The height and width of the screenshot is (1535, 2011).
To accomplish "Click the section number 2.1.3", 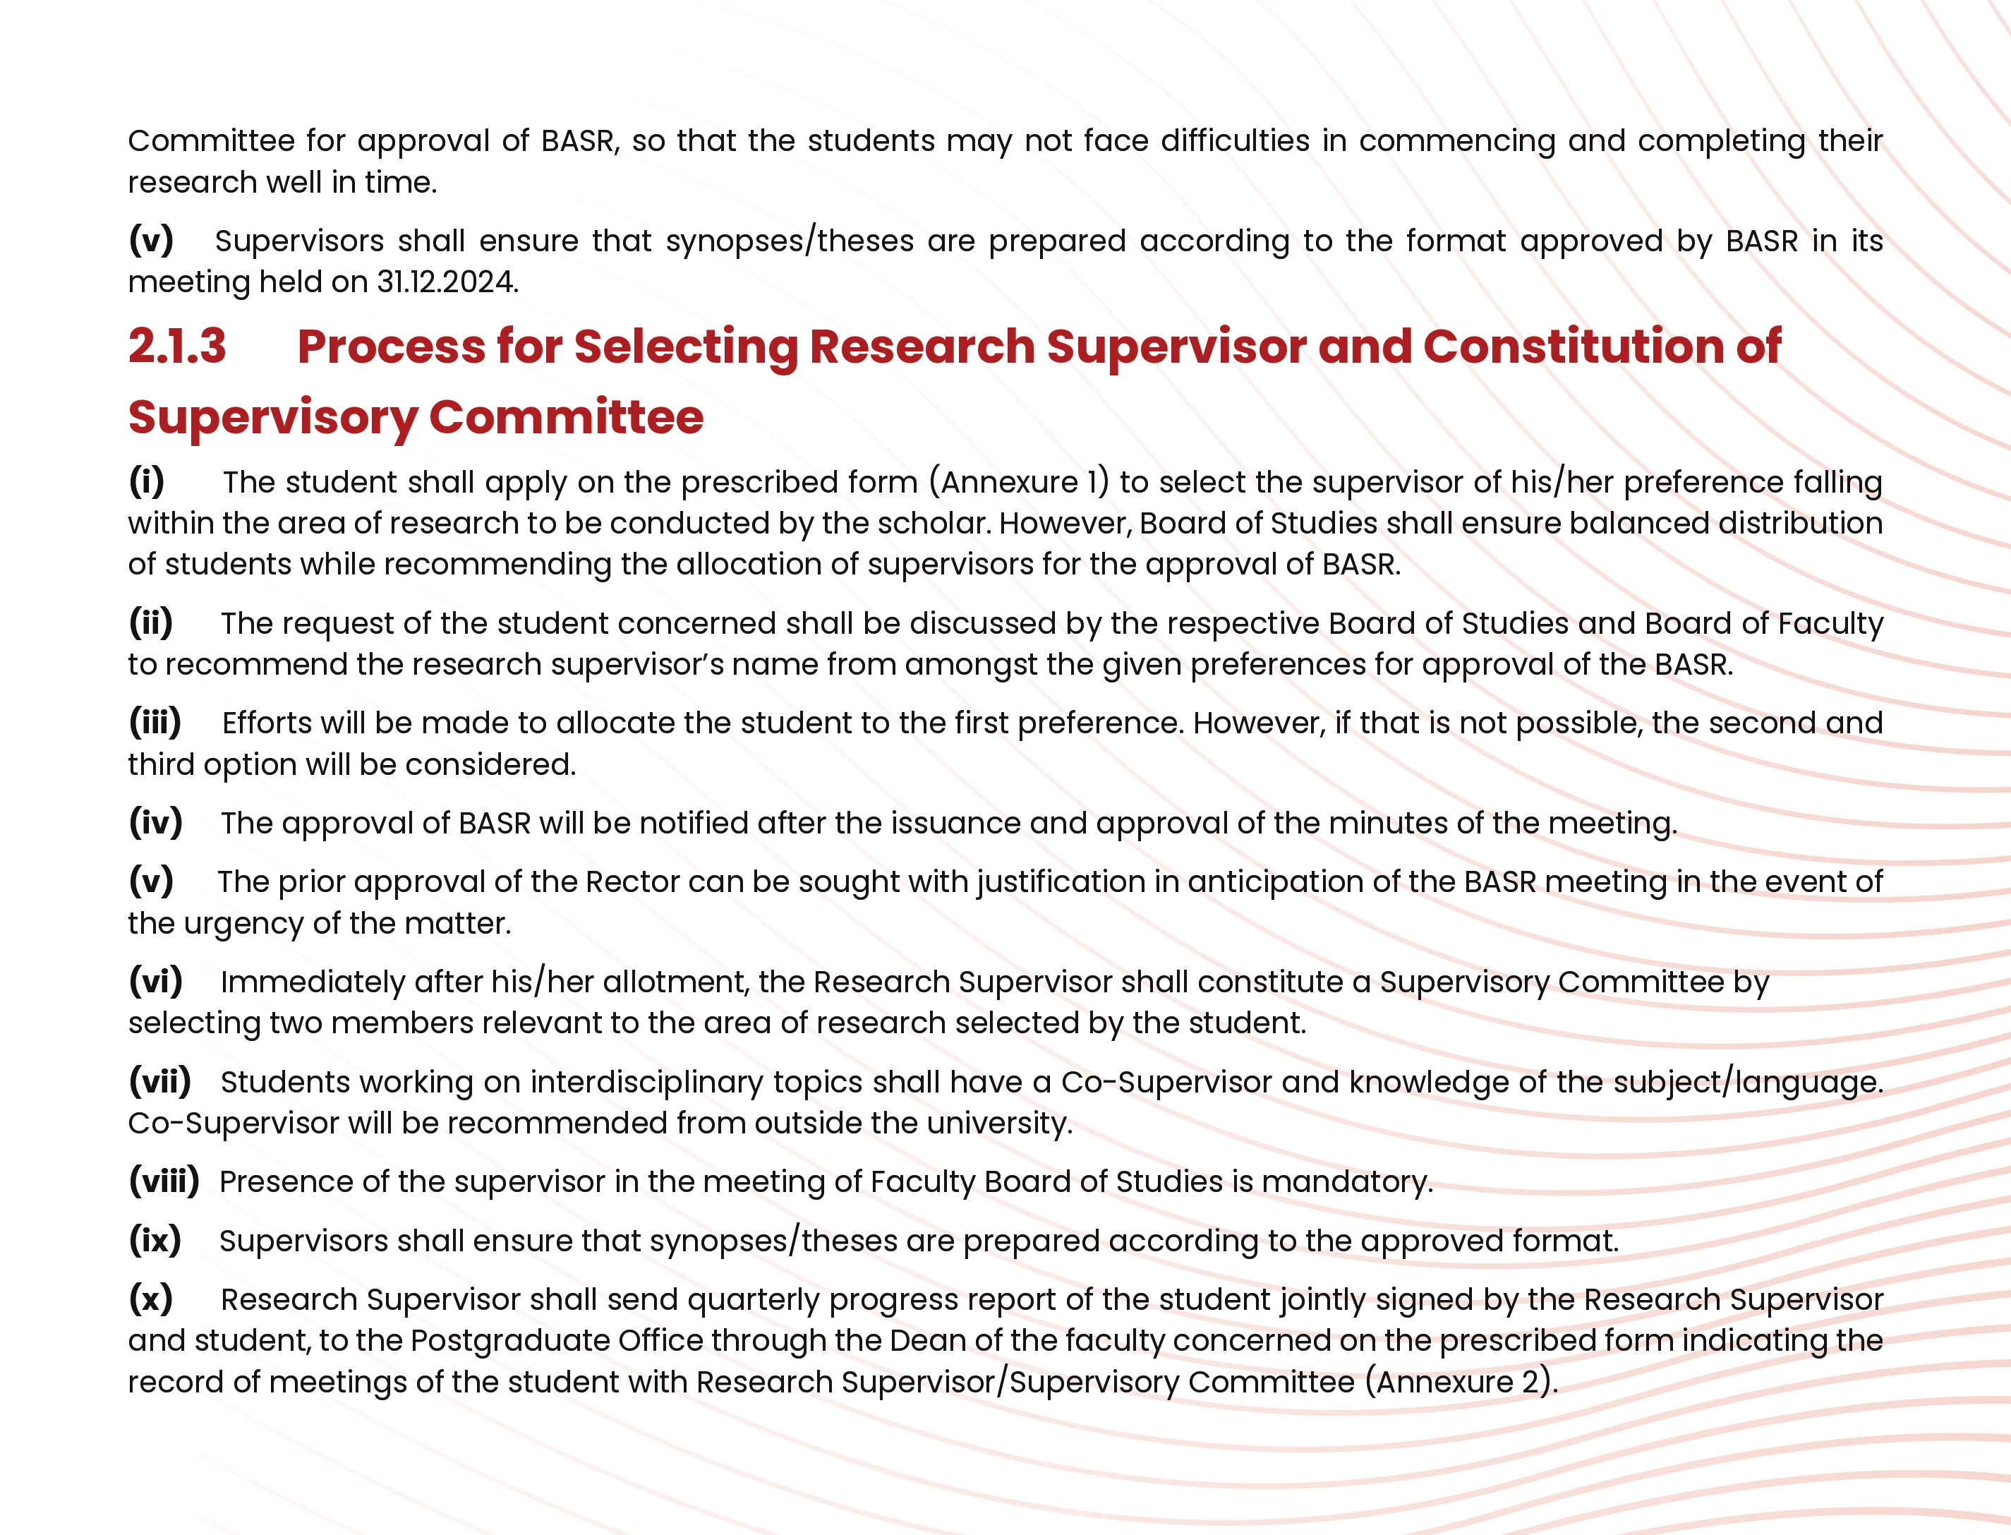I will (176, 347).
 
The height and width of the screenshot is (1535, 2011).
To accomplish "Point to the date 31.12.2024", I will (447, 282).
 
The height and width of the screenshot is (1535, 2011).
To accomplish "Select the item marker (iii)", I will (155, 723).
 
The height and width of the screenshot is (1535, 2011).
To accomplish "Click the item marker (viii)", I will (164, 1181).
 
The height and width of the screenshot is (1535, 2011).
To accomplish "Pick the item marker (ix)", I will (155, 1241).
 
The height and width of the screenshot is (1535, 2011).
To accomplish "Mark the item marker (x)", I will (151, 1299).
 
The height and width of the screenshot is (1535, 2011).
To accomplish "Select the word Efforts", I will (267, 723).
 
